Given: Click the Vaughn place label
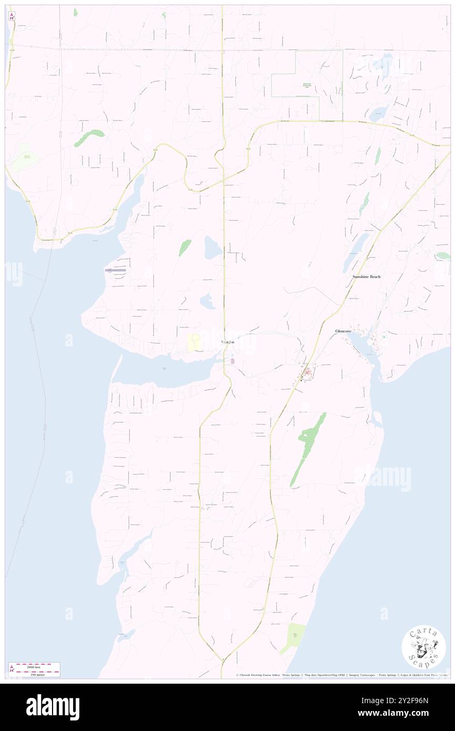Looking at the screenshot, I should tap(227, 342).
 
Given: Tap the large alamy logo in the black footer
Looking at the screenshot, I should tap(53, 707).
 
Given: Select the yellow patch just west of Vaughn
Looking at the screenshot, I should tap(194, 342).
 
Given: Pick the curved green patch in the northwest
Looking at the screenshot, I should tap(89, 138).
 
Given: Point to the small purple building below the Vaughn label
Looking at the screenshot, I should tap(232, 361).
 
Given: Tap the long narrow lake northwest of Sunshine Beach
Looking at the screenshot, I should tap(357, 250).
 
